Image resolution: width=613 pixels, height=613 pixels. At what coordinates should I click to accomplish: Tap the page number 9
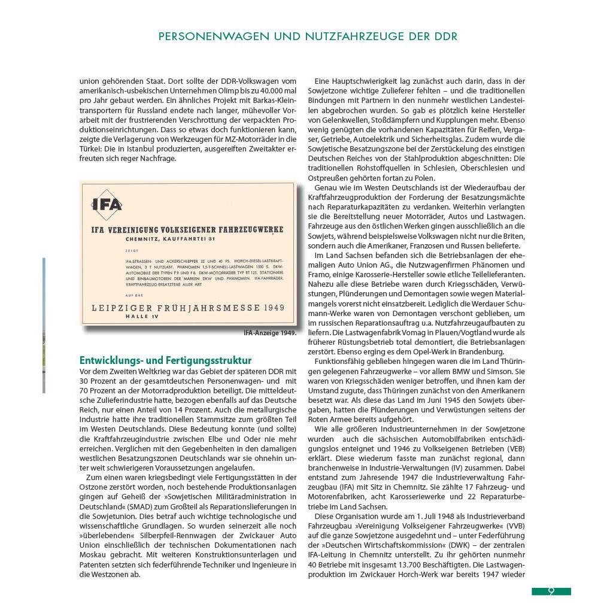pyautogui.click(x=551, y=591)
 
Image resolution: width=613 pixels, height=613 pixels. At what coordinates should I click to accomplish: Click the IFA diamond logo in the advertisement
pyautogui.click(x=107, y=205)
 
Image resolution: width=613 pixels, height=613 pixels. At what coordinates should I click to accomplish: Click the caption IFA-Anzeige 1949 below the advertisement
pyautogui.click(x=269, y=333)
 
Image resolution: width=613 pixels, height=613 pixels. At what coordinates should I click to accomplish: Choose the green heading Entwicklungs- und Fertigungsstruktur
pyautogui.click(x=165, y=360)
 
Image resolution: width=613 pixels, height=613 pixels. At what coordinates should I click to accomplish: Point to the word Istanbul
pyautogui.click(x=138, y=148)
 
